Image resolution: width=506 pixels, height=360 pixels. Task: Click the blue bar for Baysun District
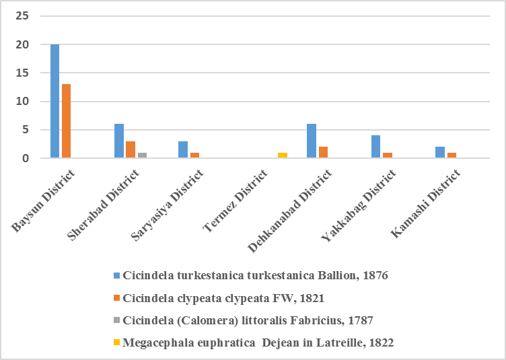click(55, 101)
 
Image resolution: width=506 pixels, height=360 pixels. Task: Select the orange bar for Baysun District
click(66, 121)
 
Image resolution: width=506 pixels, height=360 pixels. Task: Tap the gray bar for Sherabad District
click(141, 155)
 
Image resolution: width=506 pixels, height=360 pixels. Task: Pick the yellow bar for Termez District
click(283, 155)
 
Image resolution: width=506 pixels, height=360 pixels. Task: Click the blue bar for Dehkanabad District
click(312, 141)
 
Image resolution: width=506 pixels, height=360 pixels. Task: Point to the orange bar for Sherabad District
click(131, 149)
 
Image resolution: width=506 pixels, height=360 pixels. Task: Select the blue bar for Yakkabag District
click(375, 147)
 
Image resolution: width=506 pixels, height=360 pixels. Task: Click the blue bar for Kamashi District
click(439, 153)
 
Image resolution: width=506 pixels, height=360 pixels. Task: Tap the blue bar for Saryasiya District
click(183, 149)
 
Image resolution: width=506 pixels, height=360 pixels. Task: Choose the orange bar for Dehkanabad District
click(323, 153)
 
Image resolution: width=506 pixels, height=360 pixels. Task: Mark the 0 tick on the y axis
click(26, 158)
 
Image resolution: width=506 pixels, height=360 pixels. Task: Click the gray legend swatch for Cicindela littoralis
click(116, 320)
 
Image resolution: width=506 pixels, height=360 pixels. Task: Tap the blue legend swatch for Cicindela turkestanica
click(116, 275)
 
